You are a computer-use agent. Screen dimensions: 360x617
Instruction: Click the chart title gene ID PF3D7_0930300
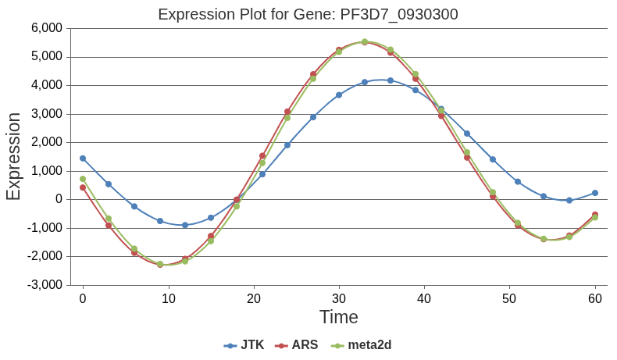click(399, 14)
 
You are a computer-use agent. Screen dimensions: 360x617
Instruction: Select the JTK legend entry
click(244, 344)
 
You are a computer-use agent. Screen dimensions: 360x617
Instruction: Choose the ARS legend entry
click(297, 344)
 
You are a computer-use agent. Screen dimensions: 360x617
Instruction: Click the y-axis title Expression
click(14, 156)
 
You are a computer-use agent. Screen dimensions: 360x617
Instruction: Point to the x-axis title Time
click(338, 317)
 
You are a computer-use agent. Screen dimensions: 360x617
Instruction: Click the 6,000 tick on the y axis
click(46, 28)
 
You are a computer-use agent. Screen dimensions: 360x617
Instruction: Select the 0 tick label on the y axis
click(59, 199)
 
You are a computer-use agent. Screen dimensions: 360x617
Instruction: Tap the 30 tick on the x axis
click(338, 298)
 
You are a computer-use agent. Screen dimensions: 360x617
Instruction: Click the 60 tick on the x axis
click(594, 298)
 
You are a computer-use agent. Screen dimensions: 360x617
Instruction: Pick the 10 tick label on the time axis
click(168, 298)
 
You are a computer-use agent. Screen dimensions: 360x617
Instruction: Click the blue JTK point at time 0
click(83, 159)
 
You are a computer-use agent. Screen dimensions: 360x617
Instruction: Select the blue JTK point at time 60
click(594, 193)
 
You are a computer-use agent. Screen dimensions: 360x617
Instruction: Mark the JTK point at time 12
click(185, 225)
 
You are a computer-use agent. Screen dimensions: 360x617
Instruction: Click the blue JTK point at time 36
click(390, 80)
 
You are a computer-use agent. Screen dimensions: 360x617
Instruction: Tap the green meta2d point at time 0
click(83, 179)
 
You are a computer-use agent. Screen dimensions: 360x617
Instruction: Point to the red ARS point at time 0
click(83, 187)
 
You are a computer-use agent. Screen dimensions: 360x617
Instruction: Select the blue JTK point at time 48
click(492, 159)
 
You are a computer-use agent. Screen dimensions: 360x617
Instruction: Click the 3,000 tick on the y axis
click(46, 114)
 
